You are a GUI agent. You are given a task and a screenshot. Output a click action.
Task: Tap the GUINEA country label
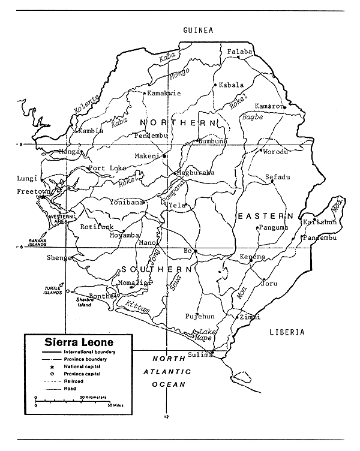pyautogui.click(x=199, y=29)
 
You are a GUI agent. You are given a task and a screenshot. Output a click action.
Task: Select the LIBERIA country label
pyautogui.click(x=287, y=332)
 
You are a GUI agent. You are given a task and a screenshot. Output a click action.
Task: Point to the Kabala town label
pyautogui.click(x=232, y=85)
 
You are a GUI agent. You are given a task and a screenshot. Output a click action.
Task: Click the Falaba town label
pyautogui.click(x=239, y=52)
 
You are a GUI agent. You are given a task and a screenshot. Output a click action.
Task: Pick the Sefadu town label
pyautogui.click(x=278, y=177)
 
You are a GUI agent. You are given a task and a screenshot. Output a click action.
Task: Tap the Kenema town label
pyautogui.click(x=252, y=257)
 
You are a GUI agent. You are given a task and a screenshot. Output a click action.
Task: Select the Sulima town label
pyautogui.click(x=200, y=354)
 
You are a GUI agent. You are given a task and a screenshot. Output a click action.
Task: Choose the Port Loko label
pyautogui.click(x=107, y=168)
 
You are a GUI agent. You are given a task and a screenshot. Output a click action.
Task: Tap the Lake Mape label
pyautogui.click(x=203, y=335)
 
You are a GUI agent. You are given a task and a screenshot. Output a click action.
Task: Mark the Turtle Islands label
pyautogui.click(x=53, y=290)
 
